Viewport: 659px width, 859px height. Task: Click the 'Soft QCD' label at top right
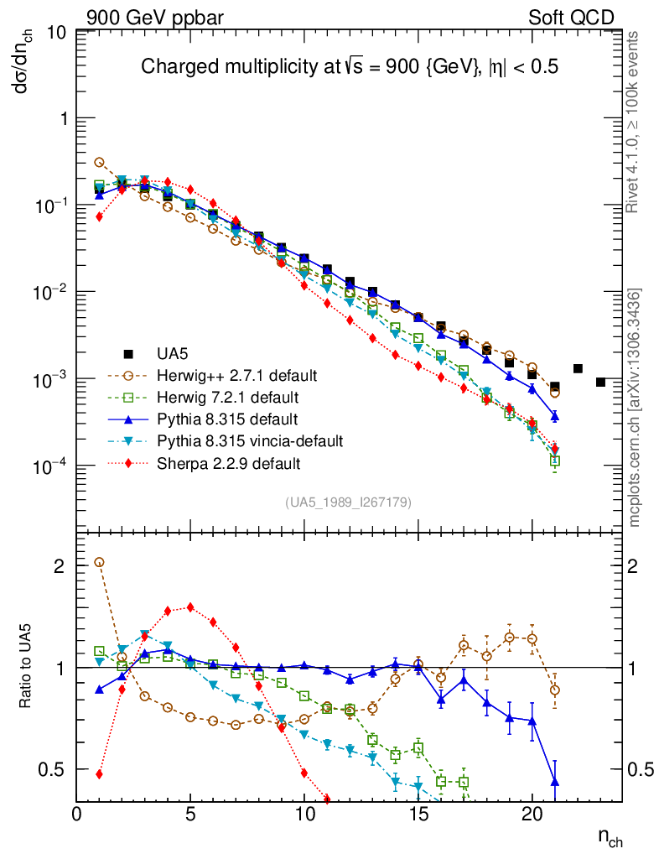[572, 18]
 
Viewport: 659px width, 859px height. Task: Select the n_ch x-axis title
[610, 837]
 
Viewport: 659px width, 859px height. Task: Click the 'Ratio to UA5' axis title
[27, 667]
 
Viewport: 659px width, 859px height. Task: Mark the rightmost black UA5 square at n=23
[600, 382]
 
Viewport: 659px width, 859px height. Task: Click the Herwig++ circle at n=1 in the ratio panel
[99, 562]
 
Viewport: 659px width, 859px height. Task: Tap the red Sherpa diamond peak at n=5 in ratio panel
[190, 607]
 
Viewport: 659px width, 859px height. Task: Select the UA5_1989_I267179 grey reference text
[348, 502]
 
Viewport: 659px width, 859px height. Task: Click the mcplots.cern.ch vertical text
[636, 408]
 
